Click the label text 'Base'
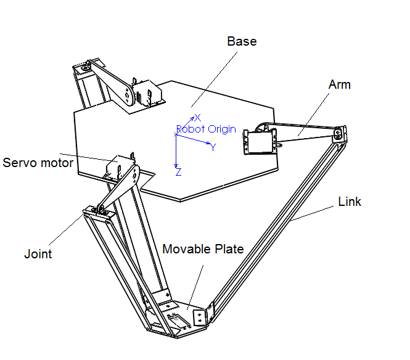[242, 41]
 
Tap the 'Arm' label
[339, 84]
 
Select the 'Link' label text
[350, 202]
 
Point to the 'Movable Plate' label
[203, 249]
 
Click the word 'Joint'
[38, 254]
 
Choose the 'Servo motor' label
[38, 163]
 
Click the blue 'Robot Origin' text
[206, 129]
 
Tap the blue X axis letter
[198, 118]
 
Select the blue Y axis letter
[213, 147]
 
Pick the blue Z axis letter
[179, 172]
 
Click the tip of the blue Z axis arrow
[176, 167]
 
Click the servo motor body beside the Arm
[260, 142]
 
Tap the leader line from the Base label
[214, 80]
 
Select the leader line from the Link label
[312, 213]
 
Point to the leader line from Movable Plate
[195, 288]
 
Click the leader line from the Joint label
[66, 229]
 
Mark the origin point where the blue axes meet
[176, 134]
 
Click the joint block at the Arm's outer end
[339, 134]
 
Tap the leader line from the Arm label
[314, 115]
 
